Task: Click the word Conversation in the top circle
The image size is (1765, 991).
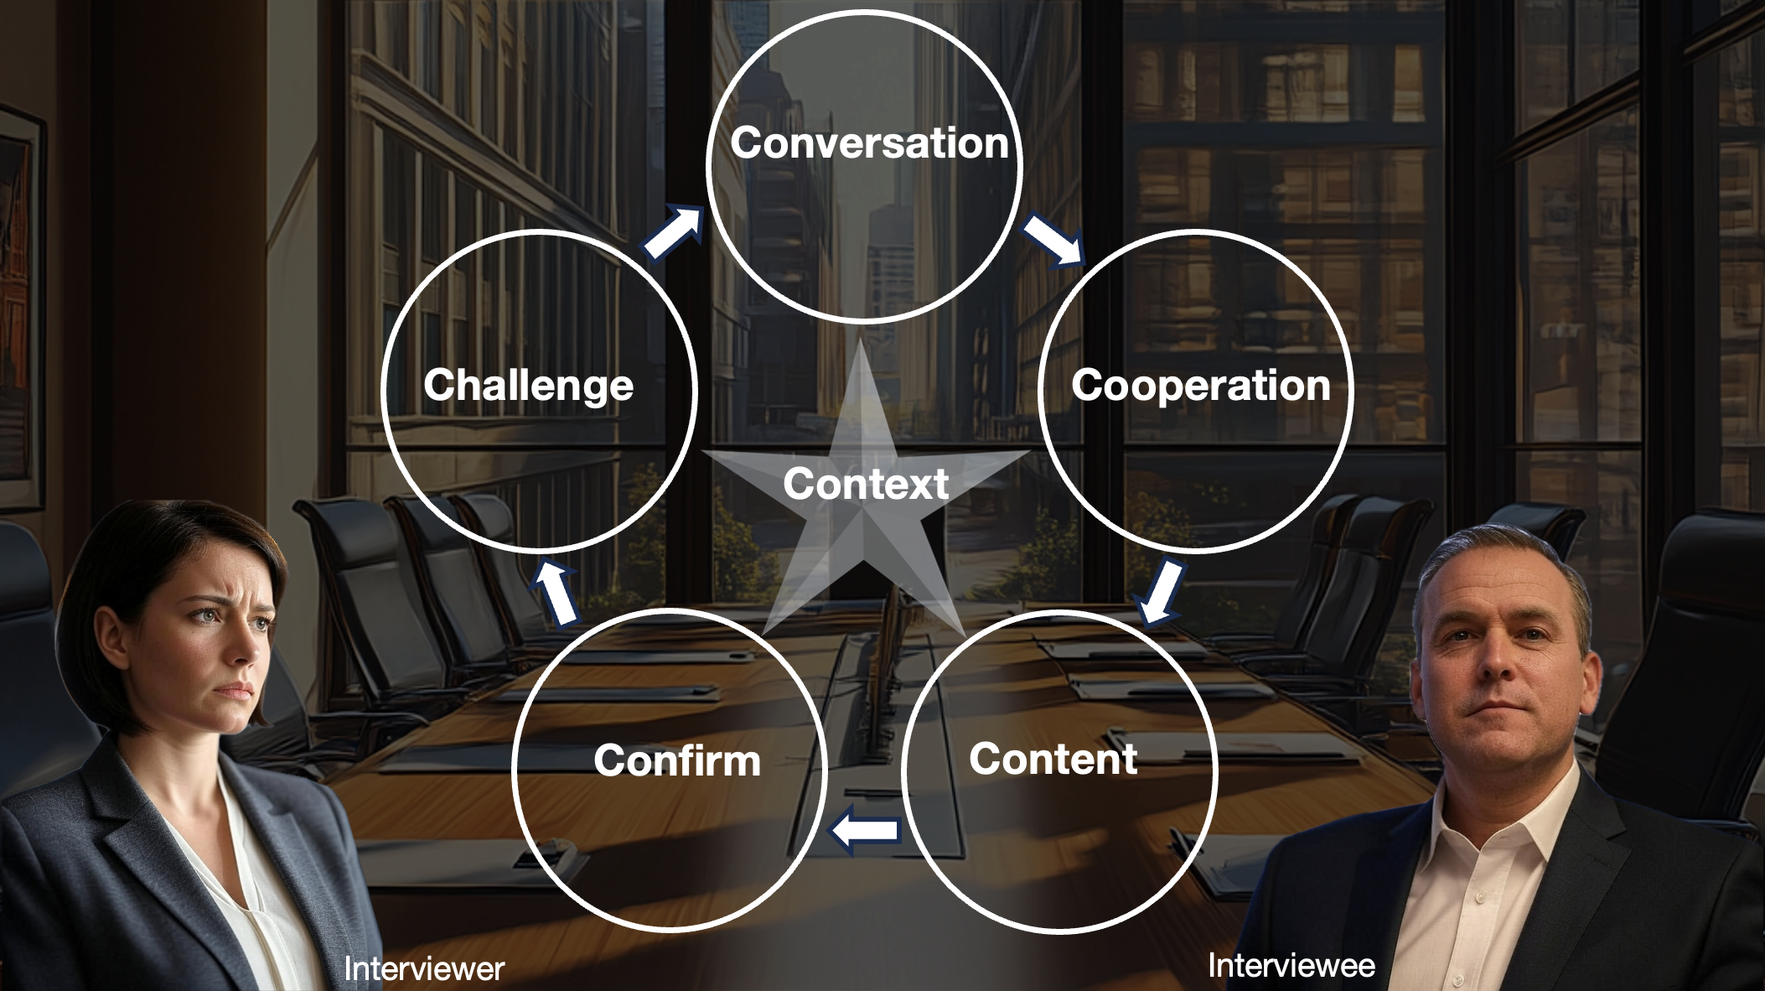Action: coord(869,143)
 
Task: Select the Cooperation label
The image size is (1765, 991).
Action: coord(1200,386)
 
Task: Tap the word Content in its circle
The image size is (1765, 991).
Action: coord(1053,759)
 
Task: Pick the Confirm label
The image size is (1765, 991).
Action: coord(677,760)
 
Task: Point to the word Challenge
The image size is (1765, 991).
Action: coord(528,386)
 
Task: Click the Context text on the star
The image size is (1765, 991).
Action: coord(866,484)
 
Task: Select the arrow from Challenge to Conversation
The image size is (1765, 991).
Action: coord(673,234)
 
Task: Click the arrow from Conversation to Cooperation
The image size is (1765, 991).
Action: coord(1053,240)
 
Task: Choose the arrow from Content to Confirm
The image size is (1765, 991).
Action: coord(864,831)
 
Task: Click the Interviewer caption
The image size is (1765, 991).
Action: coord(424,969)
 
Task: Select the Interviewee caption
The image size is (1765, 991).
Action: coord(1291,966)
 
